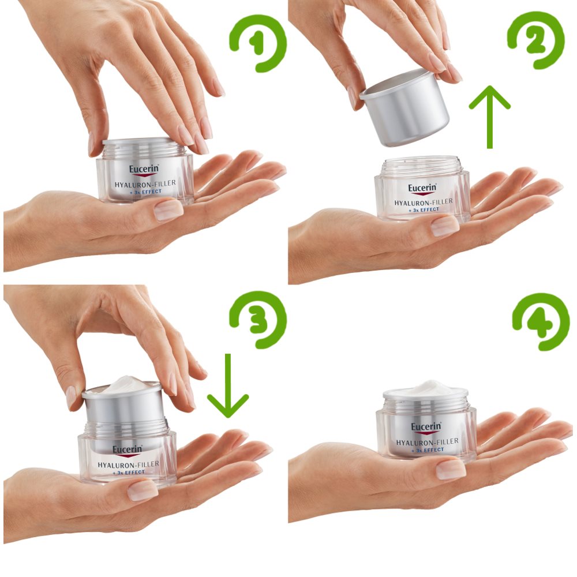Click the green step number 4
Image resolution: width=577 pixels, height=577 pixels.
[x=539, y=321]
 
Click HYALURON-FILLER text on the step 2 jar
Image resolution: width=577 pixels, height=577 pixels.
[x=423, y=202]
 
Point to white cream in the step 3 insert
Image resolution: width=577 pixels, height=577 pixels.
[x=123, y=385]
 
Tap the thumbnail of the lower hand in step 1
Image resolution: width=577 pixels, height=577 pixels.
[x=168, y=211]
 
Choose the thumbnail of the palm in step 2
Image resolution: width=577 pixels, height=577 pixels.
[x=445, y=226]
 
